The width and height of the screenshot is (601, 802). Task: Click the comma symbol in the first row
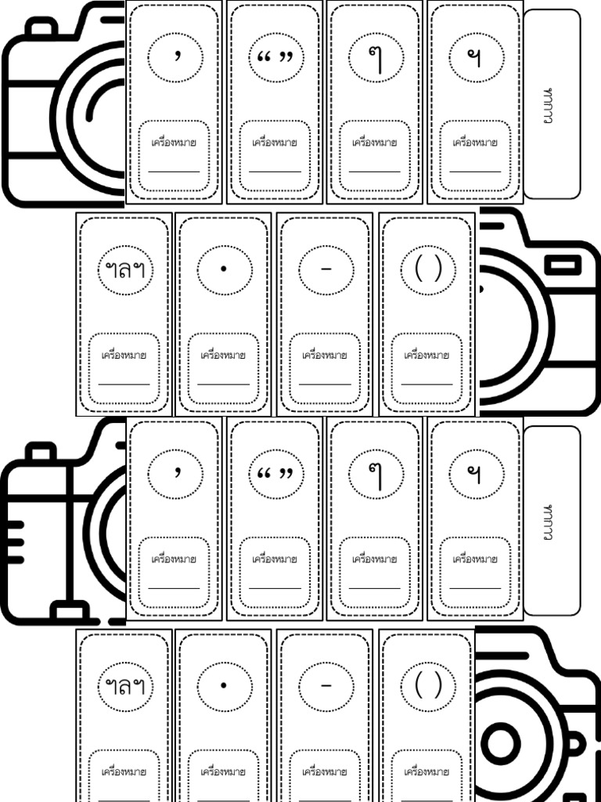click(x=177, y=56)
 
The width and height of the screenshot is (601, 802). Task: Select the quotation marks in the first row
click(x=275, y=56)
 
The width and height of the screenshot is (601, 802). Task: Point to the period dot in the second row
click(x=223, y=269)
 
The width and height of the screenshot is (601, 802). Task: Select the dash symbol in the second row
click(x=326, y=269)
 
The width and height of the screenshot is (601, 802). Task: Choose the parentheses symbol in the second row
click(x=428, y=269)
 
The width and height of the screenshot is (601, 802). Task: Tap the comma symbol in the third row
click(x=177, y=473)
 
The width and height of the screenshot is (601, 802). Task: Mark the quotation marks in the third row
click(x=275, y=473)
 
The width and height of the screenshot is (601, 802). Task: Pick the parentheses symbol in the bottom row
click(x=428, y=686)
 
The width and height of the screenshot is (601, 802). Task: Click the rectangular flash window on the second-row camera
click(x=563, y=265)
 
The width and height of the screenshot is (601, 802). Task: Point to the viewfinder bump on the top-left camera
click(x=41, y=27)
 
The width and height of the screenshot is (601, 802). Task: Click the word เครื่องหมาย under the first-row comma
click(x=175, y=143)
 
